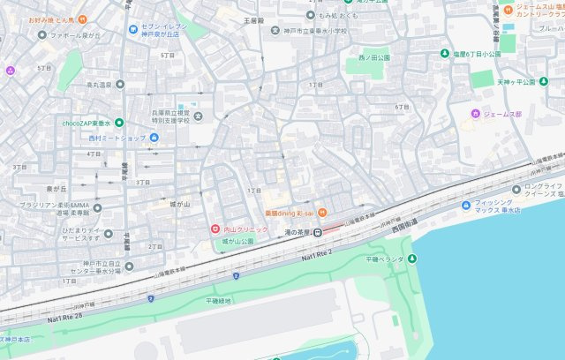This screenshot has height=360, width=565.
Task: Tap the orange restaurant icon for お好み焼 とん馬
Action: pyautogui.click(x=82, y=19)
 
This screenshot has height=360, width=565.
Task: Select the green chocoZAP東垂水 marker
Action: pyautogui.click(x=118, y=123)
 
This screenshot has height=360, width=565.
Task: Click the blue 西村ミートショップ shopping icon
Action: pyautogui.click(x=154, y=138)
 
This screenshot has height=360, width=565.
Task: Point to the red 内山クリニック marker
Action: pyautogui.click(x=213, y=229)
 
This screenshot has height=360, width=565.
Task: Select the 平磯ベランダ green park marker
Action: pyautogui.click(x=411, y=259)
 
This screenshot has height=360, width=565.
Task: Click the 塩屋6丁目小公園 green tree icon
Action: pyautogui.click(x=444, y=54)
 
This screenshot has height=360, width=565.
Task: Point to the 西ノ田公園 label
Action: pyautogui.click(x=375, y=57)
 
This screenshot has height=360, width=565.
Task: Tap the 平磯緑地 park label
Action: pyautogui.click(x=218, y=301)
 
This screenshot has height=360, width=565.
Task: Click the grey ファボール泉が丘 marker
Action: pyautogui.click(x=41, y=36)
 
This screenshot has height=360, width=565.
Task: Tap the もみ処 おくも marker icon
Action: pyautogui.click(x=312, y=15)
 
